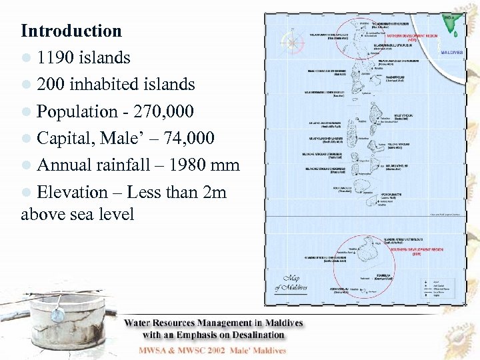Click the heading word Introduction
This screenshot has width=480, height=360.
(71, 31)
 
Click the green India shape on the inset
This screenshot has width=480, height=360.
(453, 26)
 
